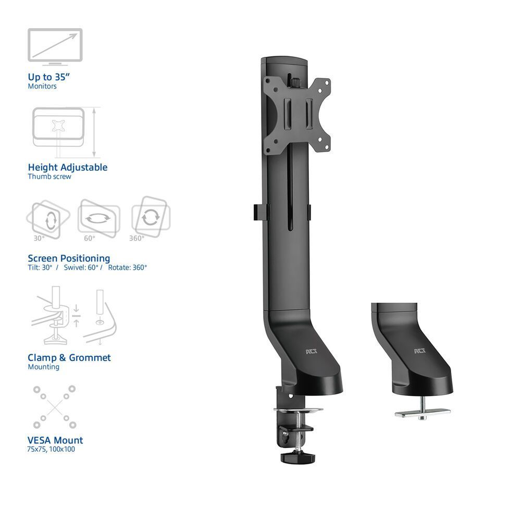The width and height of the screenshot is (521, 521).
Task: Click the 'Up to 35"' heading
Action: pyautogui.click(x=49, y=77)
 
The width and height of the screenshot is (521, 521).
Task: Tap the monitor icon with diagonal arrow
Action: pyautogui.click(x=55, y=46)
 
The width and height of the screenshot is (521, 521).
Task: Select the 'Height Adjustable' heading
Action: pyautogui.click(x=68, y=167)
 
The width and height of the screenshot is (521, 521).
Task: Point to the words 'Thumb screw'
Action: pyautogui.click(x=49, y=177)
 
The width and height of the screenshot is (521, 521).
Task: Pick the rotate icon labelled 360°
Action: pyautogui.click(x=151, y=216)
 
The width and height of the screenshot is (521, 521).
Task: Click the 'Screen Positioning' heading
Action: pyautogui.click(x=69, y=258)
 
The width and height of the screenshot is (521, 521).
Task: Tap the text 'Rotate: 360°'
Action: pyautogui.click(x=127, y=267)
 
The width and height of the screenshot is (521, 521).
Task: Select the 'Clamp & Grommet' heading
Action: pyautogui.click(x=69, y=357)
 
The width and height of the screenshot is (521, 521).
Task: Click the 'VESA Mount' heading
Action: pyautogui.click(x=55, y=440)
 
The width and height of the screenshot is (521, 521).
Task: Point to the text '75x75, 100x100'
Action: pyautogui.click(x=51, y=449)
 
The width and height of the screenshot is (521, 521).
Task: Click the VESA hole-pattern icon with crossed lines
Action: pyautogui.click(x=54, y=407)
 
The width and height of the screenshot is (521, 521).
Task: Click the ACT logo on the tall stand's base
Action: pyautogui.click(x=311, y=352)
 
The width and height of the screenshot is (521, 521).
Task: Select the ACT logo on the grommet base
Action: pyautogui.click(x=419, y=352)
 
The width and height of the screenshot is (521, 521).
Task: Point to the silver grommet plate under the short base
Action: pyautogui.click(x=422, y=413)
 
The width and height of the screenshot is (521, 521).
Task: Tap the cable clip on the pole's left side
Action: pyautogui.click(x=259, y=212)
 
